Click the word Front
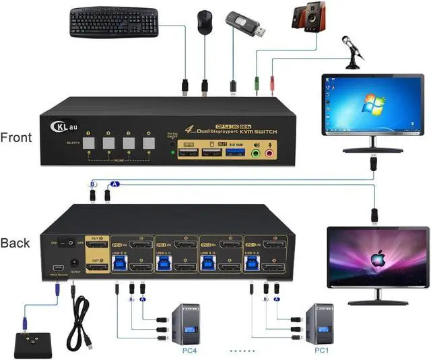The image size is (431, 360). coord(17,137)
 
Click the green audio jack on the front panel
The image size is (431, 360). coord(256,153)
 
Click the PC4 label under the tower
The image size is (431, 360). coord(190,351)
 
